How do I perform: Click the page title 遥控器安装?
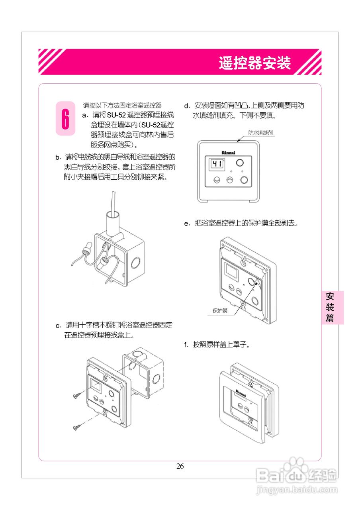pyautogui.click(x=254, y=63)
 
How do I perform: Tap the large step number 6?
pyautogui.click(x=65, y=119)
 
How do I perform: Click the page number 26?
pyautogui.click(x=180, y=466)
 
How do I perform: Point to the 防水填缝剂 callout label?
pyautogui.click(x=260, y=133)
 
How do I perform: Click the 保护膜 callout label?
pyautogui.click(x=220, y=311)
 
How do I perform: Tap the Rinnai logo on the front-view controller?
pyautogui.click(x=228, y=152)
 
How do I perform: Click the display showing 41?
pyautogui.click(x=217, y=164)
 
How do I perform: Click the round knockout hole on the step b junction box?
pyautogui.click(x=136, y=263)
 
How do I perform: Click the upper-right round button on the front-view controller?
pyautogui.click(x=240, y=163)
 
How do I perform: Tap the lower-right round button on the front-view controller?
pyautogui.click(x=244, y=180)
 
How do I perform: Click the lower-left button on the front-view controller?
pyautogui.click(x=217, y=180)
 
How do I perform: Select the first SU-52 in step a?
pyautogui.click(x=116, y=115)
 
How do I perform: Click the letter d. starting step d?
pyautogui.click(x=187, y=106)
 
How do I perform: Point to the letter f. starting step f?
pyautogui.click(x=186, y=345)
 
